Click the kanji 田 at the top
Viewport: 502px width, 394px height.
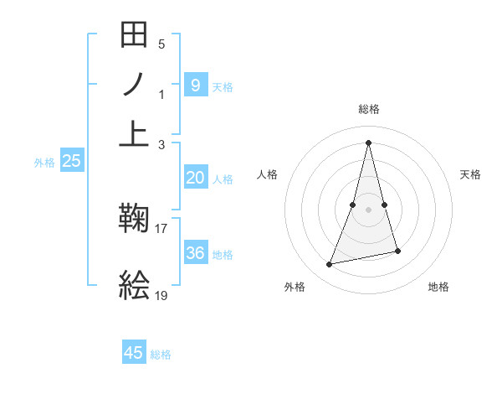tap(135, 34)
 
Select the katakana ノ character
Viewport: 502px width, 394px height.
tap(135, 85)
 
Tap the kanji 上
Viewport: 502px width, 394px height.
tap(135, 134)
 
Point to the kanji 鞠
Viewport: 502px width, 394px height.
tap(135, 220)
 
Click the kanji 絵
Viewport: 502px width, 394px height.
tap(135, 286)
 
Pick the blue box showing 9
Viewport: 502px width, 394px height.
tap(195, 85)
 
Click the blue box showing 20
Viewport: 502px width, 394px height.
tap(195, 178)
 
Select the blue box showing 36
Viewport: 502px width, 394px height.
tap(195, 252)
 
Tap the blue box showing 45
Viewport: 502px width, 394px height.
tap(134, 353)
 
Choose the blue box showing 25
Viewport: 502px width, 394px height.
tap(71, 161)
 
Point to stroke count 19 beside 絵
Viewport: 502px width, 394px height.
tap(161, 294)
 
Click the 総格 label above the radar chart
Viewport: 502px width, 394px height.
tap(368, 109)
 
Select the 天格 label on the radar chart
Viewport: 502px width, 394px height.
tap(471, 174)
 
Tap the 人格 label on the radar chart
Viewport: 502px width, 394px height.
tap(267, 174)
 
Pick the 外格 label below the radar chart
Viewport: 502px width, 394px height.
tap(294, 288)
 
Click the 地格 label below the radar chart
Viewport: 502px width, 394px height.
tap(438, 288)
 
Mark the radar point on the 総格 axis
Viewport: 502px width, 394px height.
tap(368, 142)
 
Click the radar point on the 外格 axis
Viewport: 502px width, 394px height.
tap(330, 265)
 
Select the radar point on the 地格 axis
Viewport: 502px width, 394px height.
tap(397, 251)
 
